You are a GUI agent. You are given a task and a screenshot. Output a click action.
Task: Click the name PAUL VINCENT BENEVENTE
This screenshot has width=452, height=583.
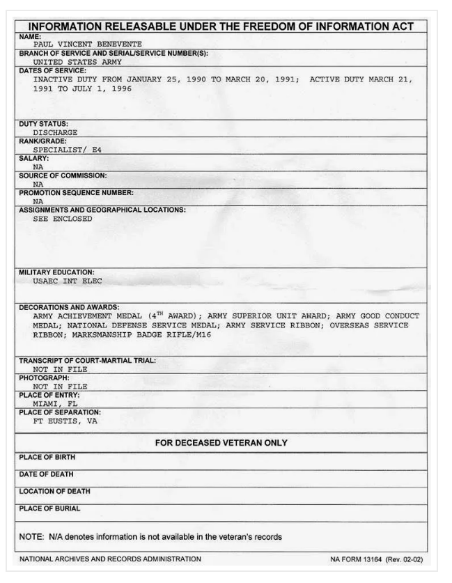(x=79, y=43)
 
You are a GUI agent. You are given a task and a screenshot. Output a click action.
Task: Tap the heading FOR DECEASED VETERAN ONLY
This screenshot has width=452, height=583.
(x=221, y=442)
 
